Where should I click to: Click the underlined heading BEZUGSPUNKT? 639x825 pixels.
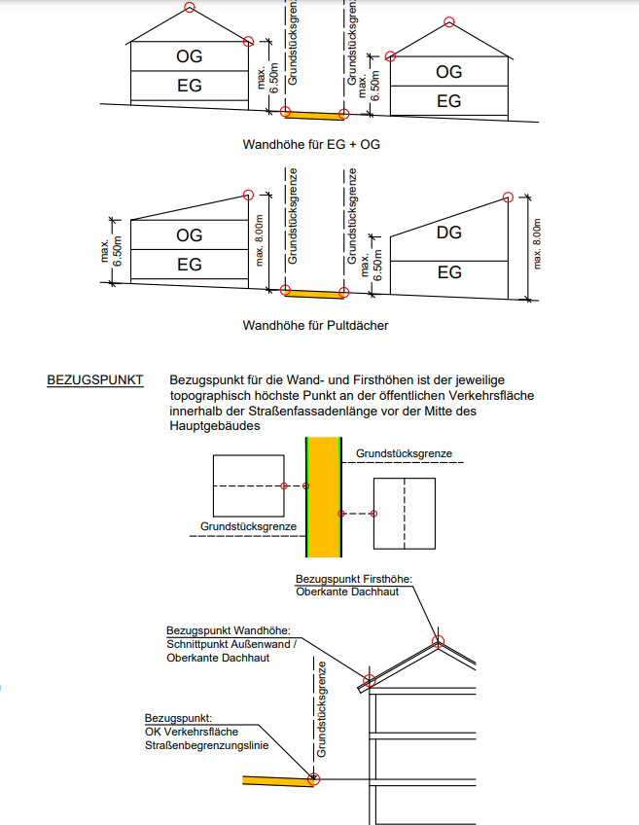(95, 380)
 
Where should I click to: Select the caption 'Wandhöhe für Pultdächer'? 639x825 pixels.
(315, 325)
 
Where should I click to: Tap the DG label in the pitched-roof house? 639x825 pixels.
(448, 233)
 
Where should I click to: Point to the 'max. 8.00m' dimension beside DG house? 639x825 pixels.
(537, 243)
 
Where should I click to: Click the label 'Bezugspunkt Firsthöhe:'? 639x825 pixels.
(354, 579)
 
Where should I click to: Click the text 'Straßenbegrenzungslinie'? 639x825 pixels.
(206, 745)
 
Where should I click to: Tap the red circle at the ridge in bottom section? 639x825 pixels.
(439, 640)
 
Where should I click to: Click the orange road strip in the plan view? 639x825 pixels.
(323, 496)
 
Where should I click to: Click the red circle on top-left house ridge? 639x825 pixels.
(189, 8)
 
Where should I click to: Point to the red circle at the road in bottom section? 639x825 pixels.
(313, 778)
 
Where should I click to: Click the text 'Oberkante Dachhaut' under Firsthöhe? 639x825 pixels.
(347, 592)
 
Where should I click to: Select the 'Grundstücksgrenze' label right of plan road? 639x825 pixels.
(403, 453)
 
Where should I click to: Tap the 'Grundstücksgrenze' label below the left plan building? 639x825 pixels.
(248, 526)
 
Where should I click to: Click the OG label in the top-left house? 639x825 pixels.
(190, 57)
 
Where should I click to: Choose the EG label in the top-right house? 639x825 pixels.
(448, 101)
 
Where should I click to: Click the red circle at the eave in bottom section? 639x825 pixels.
(369, 680)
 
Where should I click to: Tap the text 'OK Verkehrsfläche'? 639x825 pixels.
(191, 732)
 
